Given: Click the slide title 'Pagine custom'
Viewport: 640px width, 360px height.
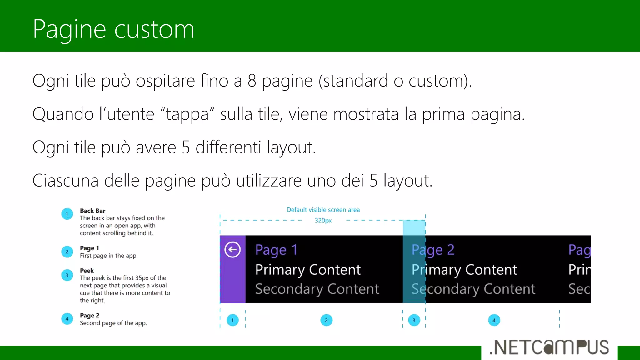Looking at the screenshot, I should click(x=113, y=29).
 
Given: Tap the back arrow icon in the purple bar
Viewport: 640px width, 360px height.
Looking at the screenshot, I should click(x=232, y=250).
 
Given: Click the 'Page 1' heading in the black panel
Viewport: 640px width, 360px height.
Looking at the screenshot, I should click(x=276, y=250).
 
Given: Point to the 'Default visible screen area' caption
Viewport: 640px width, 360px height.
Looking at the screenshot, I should click(x=323, y=210).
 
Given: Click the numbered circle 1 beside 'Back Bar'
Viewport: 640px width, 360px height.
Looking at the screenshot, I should click(x=67, y=214).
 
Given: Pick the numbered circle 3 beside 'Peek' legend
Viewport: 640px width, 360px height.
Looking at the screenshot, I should click(x=67, y=275).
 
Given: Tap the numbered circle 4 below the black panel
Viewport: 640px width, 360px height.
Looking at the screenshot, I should click(x=494, y=320).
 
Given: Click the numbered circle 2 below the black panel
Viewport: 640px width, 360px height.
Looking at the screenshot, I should click(x=326, y=320).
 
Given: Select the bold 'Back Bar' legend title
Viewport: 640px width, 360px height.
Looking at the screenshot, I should click(x=92, y=211).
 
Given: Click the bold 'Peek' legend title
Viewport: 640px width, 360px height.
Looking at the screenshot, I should click(x=87, y=271).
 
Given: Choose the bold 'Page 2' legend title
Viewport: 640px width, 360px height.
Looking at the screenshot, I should click(x=90, y=316).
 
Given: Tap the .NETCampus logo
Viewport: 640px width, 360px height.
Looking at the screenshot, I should click(x=549, y=347).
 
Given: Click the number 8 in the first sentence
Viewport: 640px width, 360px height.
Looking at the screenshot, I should click(x=252, y=81).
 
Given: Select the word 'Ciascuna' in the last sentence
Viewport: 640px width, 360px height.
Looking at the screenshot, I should click(x=65, y=181).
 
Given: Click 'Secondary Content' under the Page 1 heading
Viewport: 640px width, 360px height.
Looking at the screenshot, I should click(x=317, y=289).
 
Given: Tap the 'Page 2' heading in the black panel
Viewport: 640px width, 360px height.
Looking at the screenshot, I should click(x=433, y=250).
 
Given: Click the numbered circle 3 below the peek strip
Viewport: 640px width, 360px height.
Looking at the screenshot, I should click(x=414, y=320).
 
